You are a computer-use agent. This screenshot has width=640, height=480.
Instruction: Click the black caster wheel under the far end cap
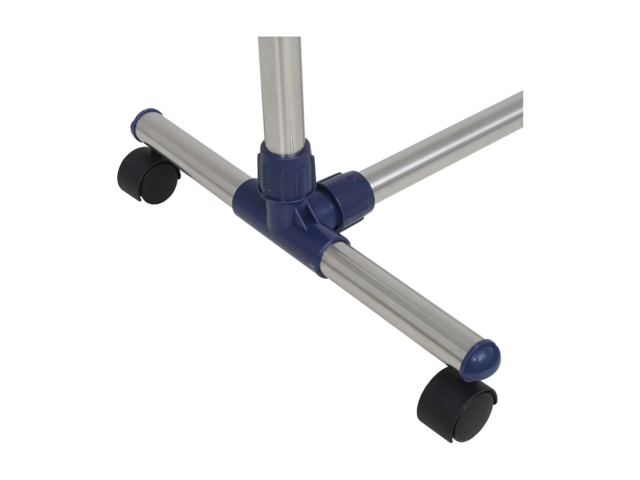click(147, 176)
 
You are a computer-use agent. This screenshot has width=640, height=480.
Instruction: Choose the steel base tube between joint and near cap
click(401, 299)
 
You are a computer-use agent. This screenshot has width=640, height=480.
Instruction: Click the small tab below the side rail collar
click(356, 220)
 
